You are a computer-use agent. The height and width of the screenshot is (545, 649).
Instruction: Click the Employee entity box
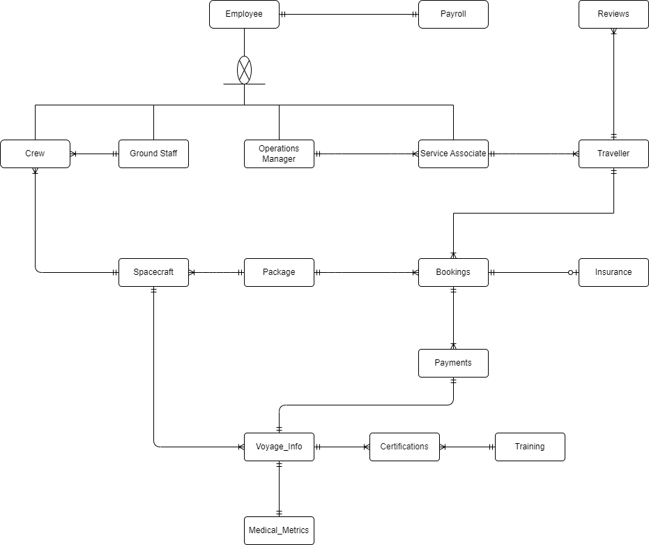244,14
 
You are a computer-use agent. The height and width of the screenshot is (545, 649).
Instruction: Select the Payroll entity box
453,14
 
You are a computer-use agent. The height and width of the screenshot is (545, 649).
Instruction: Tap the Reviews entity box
613,14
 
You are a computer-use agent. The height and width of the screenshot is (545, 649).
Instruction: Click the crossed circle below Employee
244,70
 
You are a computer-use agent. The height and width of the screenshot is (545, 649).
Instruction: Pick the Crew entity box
35,154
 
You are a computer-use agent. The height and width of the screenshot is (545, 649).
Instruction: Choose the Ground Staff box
153,154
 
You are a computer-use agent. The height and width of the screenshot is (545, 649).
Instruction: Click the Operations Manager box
279,154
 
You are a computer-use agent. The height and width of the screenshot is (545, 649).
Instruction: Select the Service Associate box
453,154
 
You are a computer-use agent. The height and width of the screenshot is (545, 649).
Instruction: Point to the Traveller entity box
613,154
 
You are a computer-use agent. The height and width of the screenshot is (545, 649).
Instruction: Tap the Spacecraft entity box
153,272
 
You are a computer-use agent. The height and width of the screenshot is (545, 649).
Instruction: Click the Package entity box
279,272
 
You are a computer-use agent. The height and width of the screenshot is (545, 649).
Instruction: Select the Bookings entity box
453,272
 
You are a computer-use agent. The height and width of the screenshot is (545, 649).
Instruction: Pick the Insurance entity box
613,272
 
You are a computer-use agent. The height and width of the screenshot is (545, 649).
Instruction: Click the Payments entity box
453,363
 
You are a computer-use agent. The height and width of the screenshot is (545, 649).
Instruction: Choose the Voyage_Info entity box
279,447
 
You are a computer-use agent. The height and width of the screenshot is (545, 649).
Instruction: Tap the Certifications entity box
404,447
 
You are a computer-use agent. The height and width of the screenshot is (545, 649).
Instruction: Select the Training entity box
530,447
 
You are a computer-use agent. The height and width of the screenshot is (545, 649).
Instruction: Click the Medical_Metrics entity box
279,530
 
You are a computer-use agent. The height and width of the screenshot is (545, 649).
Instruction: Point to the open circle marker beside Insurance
570,272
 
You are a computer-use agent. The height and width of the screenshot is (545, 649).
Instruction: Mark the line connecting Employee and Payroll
349,14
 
